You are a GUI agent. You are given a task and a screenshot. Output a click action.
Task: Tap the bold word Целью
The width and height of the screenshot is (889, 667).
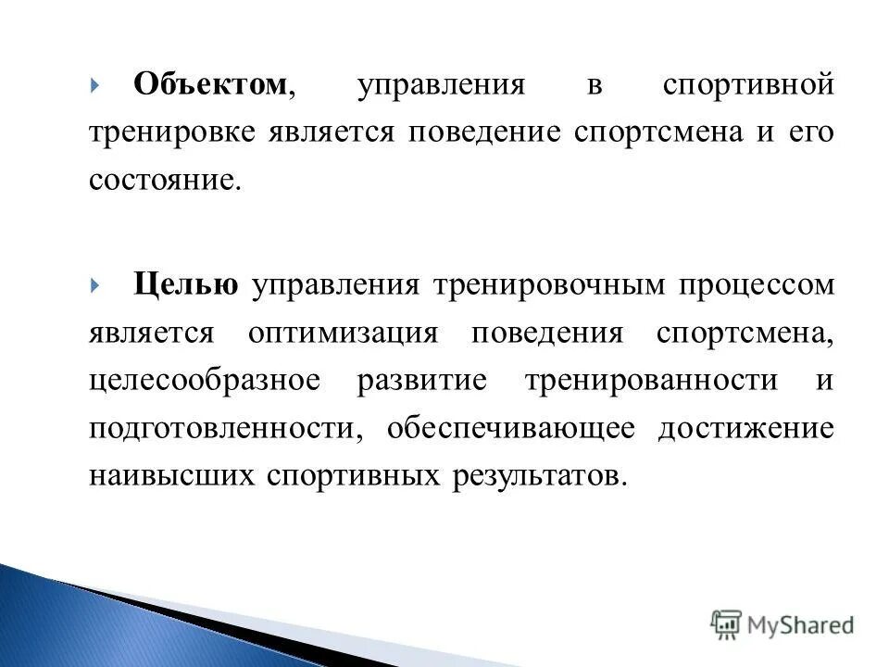185,284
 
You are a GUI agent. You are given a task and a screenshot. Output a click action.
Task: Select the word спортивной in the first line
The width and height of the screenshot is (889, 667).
748,86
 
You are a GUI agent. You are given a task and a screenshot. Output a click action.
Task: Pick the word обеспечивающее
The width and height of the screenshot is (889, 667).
511,429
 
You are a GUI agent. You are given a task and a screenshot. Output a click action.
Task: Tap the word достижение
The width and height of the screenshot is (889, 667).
745,429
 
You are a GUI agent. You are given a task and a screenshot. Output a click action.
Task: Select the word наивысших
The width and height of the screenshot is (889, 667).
172,477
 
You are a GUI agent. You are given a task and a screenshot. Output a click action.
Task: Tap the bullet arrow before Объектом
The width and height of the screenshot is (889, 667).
95,86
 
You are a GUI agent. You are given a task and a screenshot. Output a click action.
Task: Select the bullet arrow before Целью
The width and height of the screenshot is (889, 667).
95,284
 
